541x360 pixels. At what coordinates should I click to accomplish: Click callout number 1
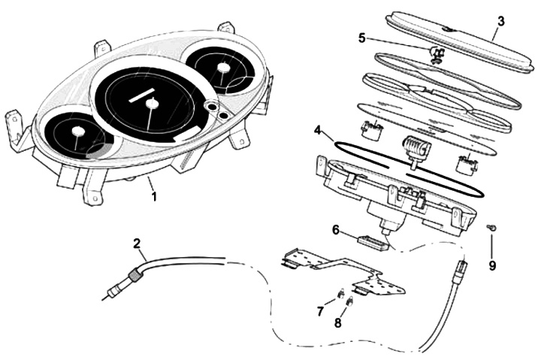coord(155,197)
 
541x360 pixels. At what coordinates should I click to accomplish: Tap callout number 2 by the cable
coord(137,244)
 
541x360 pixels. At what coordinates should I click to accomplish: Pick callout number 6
coord(336,229)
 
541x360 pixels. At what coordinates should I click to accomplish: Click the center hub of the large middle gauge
coord(154,104)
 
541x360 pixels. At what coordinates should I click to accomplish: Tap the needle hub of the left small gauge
coord(77,133)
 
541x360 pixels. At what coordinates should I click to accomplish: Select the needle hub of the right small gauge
coord(222,68)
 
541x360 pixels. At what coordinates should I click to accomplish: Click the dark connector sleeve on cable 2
coord(133,277)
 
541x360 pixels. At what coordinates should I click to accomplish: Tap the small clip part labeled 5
coord(437,53)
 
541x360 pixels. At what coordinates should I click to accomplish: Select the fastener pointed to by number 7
coord(339,293)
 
